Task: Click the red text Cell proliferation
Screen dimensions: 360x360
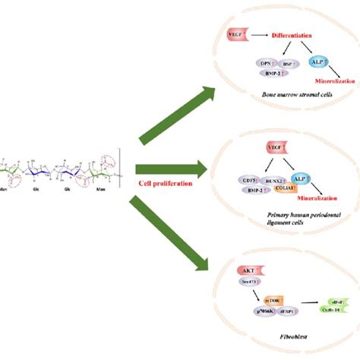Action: [163, 183]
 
